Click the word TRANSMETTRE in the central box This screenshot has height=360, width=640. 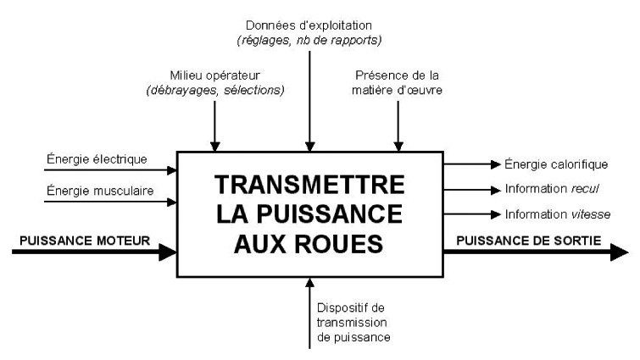pyautogui.click(x=309, y=184)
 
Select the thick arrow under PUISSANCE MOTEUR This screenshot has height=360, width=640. pyautogui.click(x=89, y=252)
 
